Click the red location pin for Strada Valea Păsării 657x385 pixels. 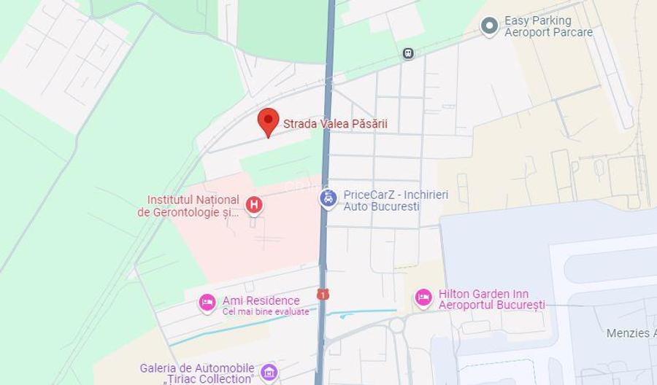(269, 121)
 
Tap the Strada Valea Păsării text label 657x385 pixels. (335, 124)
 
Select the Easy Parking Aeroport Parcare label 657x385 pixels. (548, 26)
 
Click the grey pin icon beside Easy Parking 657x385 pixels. (489, 26)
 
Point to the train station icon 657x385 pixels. (408, 53)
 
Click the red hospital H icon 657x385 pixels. (254, 205)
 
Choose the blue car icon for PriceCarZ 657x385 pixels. (328, 198)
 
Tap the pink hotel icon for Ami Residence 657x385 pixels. (207, 302)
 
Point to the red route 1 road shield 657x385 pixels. (322, 294)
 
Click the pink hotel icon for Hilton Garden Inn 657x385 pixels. (423, 297)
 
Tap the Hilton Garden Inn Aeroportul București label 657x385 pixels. (491, 299)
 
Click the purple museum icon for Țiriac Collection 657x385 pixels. (269, 373)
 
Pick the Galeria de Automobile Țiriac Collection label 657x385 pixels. (197, 373)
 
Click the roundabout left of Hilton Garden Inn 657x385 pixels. (396, 325)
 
